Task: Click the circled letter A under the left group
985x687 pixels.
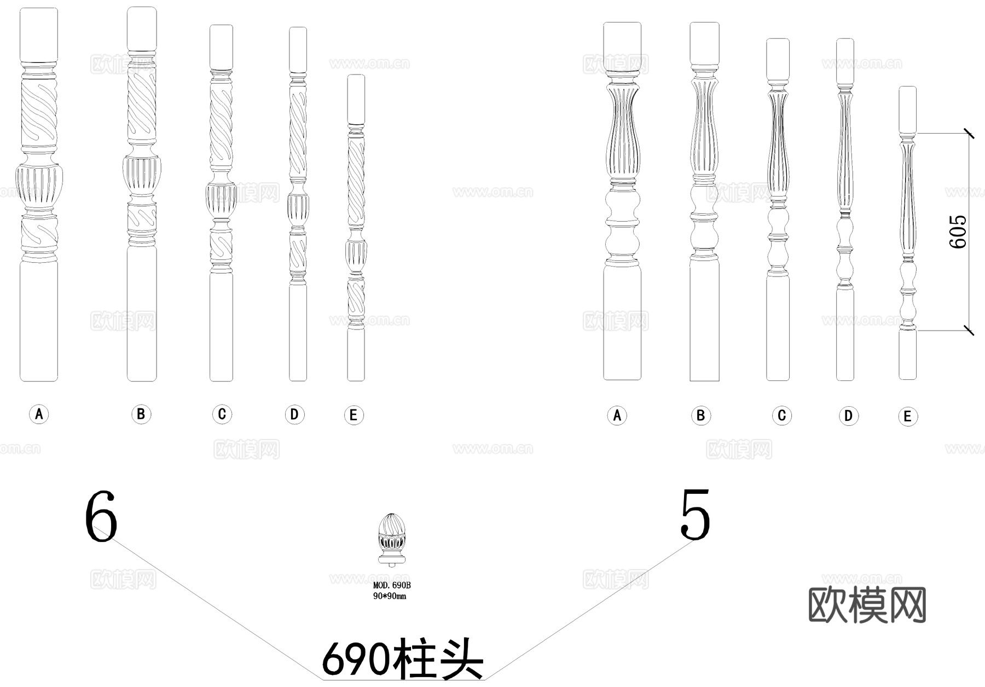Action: [39, 414]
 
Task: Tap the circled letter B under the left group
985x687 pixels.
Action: [141, 414]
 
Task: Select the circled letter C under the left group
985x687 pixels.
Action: [222, 414]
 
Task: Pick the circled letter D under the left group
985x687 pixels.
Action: [294, 414]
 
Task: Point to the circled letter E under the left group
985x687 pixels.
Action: [354, 415]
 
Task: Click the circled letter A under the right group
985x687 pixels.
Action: [617, 415]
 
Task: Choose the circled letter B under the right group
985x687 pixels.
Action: [700, 415]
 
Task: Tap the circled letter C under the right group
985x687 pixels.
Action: [781, 415]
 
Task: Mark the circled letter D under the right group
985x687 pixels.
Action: [848, 416]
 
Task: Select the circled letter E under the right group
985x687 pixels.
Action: [907, 417]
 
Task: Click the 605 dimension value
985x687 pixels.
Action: [958, 232]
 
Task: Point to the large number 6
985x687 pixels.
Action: [101, 516]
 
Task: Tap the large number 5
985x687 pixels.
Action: [695, 515]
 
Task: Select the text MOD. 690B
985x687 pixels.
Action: [392, 586]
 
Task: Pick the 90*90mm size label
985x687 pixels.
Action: [390, 596]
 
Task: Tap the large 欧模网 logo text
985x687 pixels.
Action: [867, 605]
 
